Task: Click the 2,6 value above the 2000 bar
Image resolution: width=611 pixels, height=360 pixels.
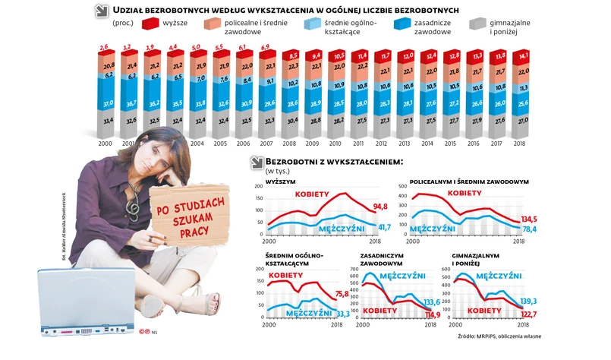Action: [x=104, y=48]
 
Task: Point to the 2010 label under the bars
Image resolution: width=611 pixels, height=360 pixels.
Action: [x=335, y=143]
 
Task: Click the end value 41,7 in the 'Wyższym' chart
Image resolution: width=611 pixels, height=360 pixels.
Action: [x=386, y=227]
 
